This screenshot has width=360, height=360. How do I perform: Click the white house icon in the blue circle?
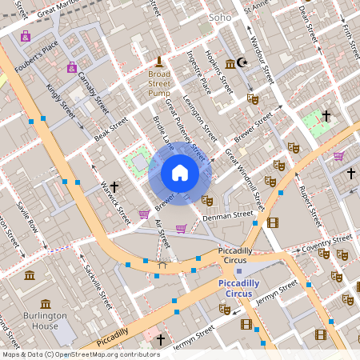(180, 173)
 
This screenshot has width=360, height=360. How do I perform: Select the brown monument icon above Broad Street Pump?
(159, 62)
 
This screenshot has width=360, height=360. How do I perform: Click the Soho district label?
(219, 16)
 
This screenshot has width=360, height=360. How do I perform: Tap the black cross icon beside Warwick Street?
(114, 186)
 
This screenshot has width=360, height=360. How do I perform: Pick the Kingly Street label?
(61, 102)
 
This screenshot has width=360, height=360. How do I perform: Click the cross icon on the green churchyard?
(326, 117)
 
